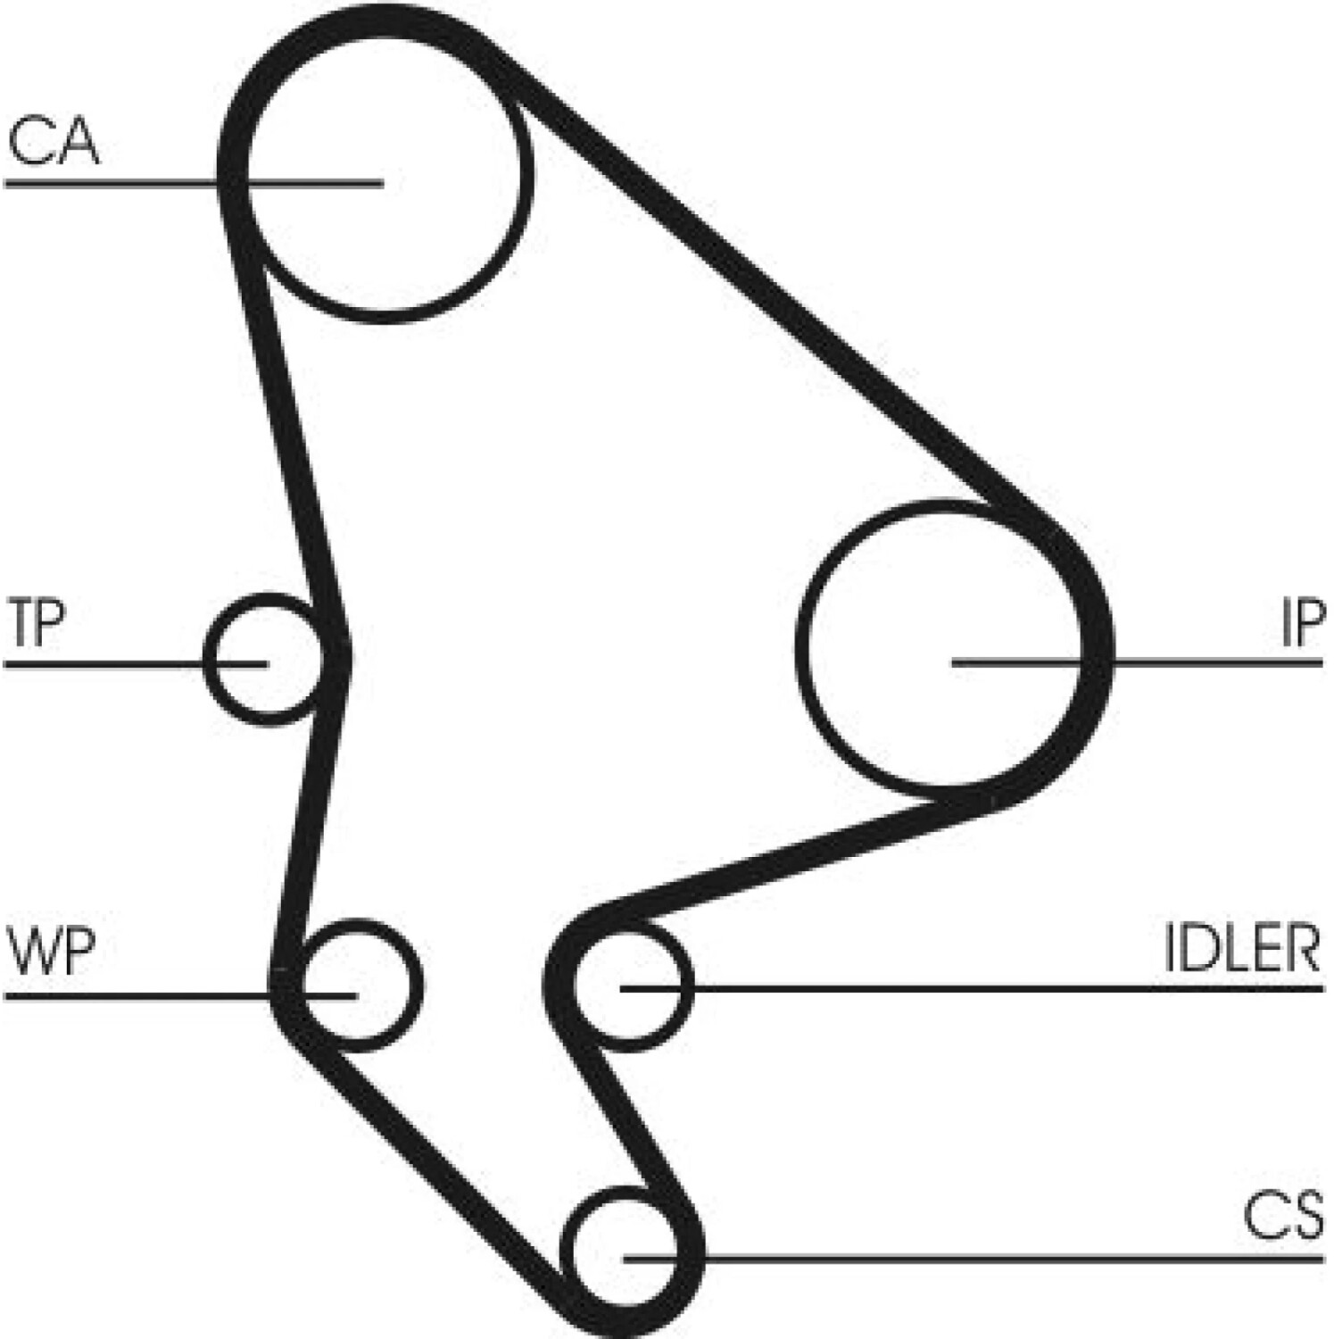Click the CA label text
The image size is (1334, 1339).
(x=53, y=141)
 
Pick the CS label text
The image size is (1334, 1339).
(x=1284, y=1216)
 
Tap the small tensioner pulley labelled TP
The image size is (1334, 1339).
(x=205, y=661)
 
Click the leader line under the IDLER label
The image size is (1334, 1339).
(x=972, y=988)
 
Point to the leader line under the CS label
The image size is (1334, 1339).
(x=974, y=1258)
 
